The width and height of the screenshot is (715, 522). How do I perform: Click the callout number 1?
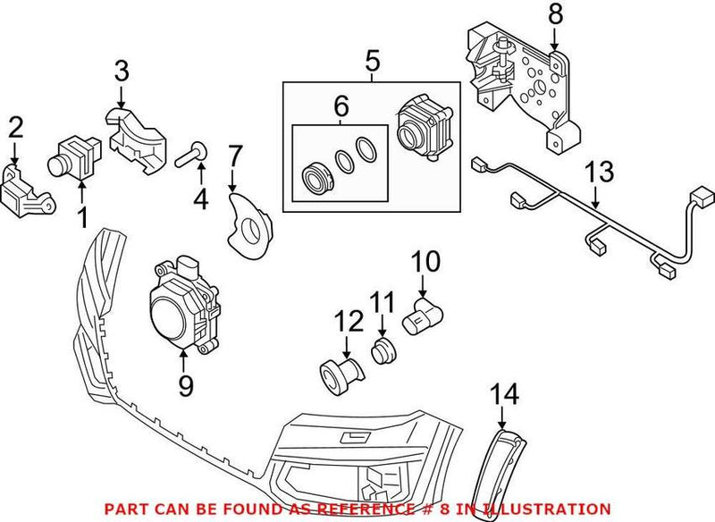(82, 215)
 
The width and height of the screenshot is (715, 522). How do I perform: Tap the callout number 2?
(15, 129)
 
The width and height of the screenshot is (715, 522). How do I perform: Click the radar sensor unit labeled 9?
(182, 304)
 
